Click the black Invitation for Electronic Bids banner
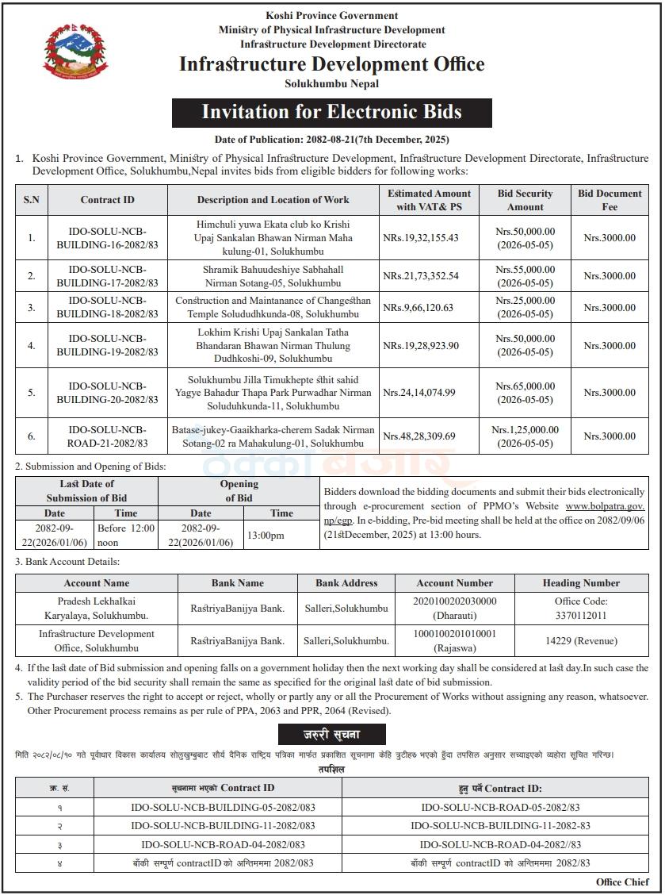tap(331, 112)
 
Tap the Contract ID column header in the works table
tap(107, 200)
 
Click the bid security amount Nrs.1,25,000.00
tap(525, 430)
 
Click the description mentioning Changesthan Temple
tap(273, 307)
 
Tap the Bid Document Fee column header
tap(610, 200)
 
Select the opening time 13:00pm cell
tap(266, 536)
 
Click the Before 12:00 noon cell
tap(125, 536)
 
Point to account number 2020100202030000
tap(454, 601)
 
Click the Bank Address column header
tap(346, 583)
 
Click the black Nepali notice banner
tap(331, 734)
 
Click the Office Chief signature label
tap(622, 882)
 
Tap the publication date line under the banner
tap(331, 140)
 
